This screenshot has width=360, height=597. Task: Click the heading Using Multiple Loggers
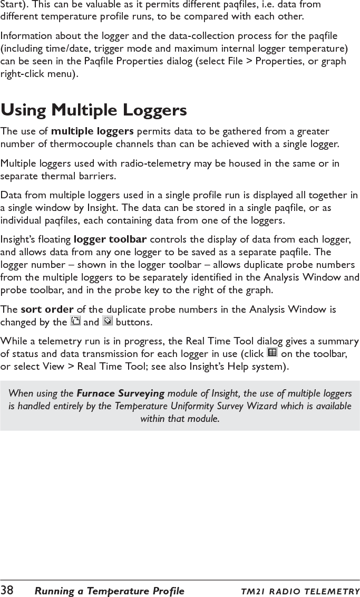tap(94, 110)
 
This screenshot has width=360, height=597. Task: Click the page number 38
tap(7, 590)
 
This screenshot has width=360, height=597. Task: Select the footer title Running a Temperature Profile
tap(109, 591)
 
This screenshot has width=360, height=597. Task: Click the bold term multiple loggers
tap(92, 131)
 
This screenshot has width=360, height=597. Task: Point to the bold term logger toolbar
tap(110, 240)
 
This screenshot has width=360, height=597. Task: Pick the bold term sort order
tap(46, 309)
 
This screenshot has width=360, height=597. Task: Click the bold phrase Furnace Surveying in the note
tap(121, 393)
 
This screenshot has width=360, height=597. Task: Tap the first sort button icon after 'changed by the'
tap(75, 321)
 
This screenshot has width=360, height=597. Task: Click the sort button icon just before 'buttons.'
tap(107, 321)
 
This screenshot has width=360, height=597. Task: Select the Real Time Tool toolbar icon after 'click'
tap(273, 353)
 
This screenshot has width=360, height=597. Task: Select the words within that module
tap(180, 419)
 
